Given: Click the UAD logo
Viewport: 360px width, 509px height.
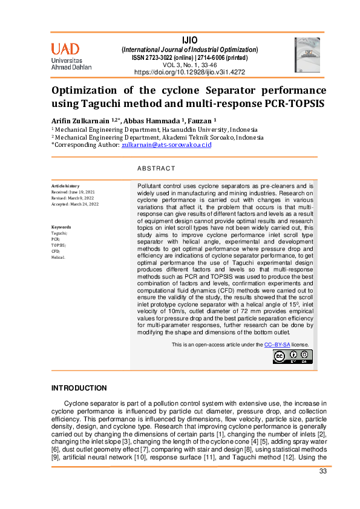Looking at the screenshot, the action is click(x=71, y=56).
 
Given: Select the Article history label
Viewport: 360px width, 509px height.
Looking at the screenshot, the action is click(x=65, y=186).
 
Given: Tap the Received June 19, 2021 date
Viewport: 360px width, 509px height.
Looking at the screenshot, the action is click(x=73, y=192).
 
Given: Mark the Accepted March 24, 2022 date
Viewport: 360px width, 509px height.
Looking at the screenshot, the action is click(x=75, y=204).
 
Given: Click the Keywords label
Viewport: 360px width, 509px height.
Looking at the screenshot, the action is click(x=61, y=227).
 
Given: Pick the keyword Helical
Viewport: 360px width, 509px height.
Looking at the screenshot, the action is click(x=58, y=256).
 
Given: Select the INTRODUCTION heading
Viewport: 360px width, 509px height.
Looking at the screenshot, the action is click(x=79, y=388).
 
